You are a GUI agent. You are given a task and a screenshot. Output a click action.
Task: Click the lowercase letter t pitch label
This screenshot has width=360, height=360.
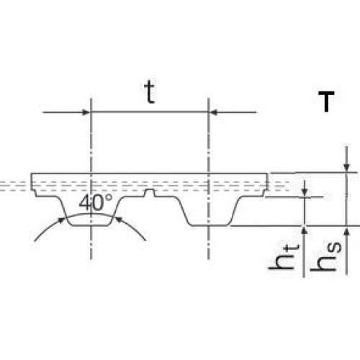(x=150, y=91)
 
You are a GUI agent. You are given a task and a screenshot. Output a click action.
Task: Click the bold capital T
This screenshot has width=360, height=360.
(x=326, y=102)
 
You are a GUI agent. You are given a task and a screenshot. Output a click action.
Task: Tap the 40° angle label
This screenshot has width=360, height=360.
(x=96, y=203)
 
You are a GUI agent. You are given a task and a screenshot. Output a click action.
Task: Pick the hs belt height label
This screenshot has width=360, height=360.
(x=325, y=256)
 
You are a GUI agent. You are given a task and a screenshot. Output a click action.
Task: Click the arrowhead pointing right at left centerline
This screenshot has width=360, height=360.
(x=86, y=112)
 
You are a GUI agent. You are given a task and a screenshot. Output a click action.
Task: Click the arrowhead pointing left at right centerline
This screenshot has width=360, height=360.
(x=214, y=112)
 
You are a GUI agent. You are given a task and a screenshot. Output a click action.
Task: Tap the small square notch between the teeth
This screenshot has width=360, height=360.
(x=150, y=193)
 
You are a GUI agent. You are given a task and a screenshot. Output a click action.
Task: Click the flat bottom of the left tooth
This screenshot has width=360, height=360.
(x=90, y=225)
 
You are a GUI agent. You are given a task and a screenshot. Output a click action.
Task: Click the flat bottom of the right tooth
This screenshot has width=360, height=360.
(x=210, y=225)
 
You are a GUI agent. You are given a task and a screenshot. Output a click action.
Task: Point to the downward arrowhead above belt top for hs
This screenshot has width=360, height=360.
(x=346, y=167)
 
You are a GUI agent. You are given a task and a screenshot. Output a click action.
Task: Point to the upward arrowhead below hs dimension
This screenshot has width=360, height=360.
(x=346, y=231)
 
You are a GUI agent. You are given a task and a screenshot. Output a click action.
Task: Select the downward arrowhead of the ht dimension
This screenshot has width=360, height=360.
(x=305, y=192)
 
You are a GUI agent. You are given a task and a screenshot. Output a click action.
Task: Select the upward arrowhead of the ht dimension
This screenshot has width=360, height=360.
(x=305, y=231)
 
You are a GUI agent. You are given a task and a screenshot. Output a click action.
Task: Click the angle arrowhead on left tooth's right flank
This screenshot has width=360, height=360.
(x=118, y=220)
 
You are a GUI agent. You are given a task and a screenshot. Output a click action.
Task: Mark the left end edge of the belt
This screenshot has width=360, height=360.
(x=32, y=181)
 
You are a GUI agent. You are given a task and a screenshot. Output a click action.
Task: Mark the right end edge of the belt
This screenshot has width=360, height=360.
(x=267, y=181)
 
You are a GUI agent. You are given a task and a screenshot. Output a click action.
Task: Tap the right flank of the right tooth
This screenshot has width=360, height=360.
(x=236, y=212)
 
